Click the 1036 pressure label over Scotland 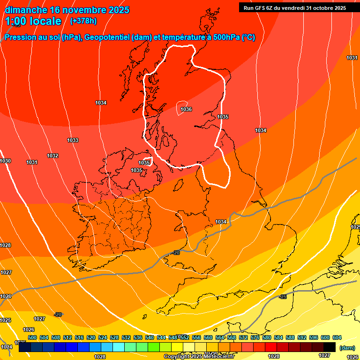pyautogui.click(x=186, y=109)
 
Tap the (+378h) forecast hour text pyautogui.click(x=83, y=21)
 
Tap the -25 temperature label pyautogui.click(x=283, y=297)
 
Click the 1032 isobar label pyautogui.click(x=52, y=156)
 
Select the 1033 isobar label pyautogui.click(x=73, y=140)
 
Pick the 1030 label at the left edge pyautogui.click(x=5, y=161)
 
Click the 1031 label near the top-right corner pyautogui.click(x=352, y=58)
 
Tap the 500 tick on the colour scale pyautogui.click(x=32, y=337)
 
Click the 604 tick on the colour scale pyautogui.click(x=337, y=337)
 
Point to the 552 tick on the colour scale pyautogui.click(x=185, y=337)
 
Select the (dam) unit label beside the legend pyautogui.click(x=347, y=347)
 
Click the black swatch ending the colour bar pyautogui.click(x=330, y=347)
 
